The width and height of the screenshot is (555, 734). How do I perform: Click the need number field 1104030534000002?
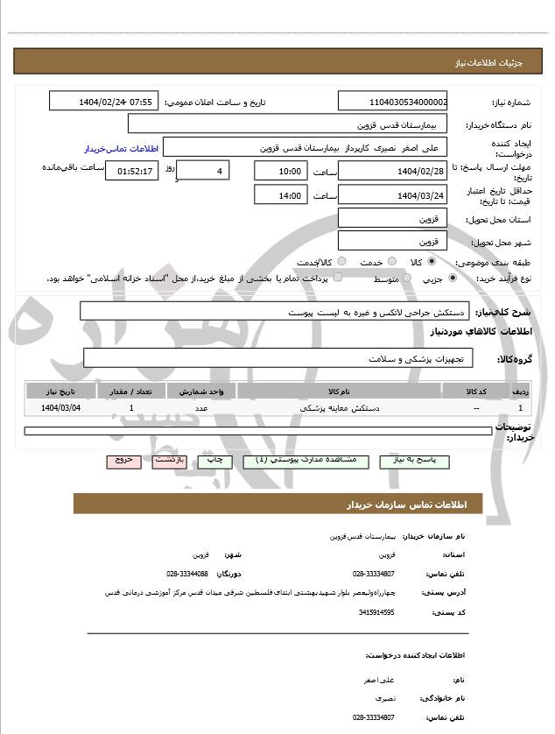pos(392,102)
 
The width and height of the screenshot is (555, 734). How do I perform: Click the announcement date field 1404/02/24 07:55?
pos(104,102)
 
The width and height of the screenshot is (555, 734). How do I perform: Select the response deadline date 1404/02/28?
pos(392,171)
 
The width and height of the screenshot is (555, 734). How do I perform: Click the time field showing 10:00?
pos(280,171)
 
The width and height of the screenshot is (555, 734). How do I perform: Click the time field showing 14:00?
pos(280,195)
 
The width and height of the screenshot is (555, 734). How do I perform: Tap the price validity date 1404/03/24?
pos(392,195)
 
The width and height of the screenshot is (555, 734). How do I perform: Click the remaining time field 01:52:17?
pos(132,171)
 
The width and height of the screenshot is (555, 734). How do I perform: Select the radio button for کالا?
pos(432,262)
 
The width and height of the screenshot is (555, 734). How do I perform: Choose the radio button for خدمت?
pos(391,262)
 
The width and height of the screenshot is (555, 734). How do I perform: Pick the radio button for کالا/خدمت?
pos(341,262)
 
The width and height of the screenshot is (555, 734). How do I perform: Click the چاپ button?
pos(214,461)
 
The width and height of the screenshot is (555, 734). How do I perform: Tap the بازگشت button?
pos(170,461)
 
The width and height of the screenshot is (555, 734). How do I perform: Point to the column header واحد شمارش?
pos(202,392)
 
